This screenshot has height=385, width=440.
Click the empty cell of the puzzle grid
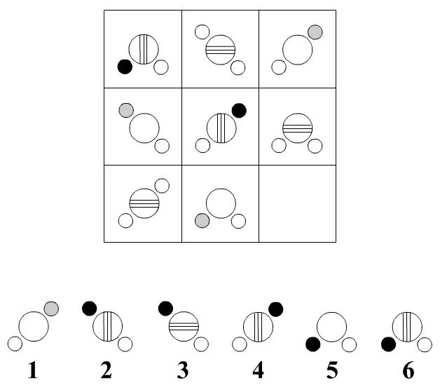pyautogui.click(x=297, y=203)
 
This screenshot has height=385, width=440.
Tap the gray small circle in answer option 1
pyautogui.click(x=51, y=309)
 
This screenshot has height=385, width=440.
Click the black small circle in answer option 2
pyautogui.click(x=90, y=308)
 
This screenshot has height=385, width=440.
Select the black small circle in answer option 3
pyautogui.click(x=166, y=308)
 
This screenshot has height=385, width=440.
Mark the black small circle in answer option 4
pyautogui.click(x=275, y=309)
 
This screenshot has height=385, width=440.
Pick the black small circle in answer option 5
pyautogui.click(x=312, y=344)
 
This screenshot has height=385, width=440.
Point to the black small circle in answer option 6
pyautogui.click(x=388, y=344)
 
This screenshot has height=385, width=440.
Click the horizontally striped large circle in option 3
pyautogui.click(x=184, y=325)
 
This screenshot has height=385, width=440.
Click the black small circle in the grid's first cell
pyautogui.click(x=125, y=67)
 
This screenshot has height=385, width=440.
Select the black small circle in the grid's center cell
pyautogui.click(x=239, y=110)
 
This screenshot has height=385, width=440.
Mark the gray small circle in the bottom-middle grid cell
pyautogui.click(x=202, y=221)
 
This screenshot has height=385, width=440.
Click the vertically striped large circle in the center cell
pyautogui.click(x=221, y=128)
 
